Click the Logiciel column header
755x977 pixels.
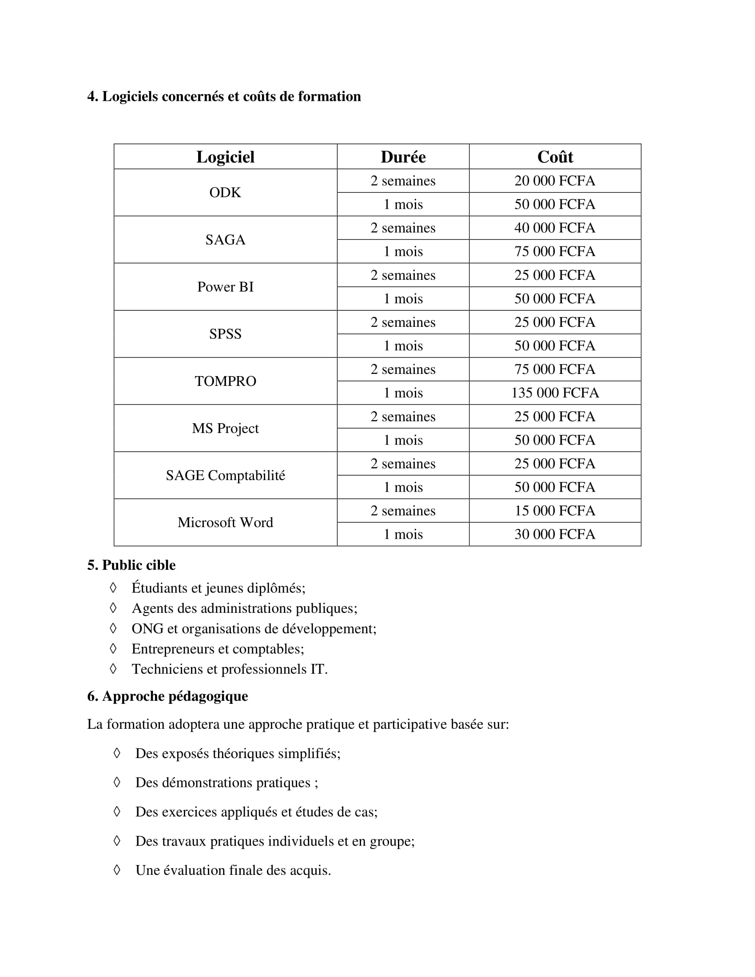(x=225, y=157)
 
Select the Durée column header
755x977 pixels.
(x=403, y=157)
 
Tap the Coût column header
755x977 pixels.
(x=555, y=157)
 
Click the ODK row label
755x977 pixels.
(x=225, y=192)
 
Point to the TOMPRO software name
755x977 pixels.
(x=225, y=381)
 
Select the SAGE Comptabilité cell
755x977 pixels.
(x=225, y=475)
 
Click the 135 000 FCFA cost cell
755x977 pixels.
(x=555, y=393)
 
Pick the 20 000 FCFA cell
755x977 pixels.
(x=555, y=181)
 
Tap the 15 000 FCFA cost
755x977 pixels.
(x=555, y=510)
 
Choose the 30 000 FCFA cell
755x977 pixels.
(x=555, y=534)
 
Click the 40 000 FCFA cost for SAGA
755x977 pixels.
(x=555, y=228)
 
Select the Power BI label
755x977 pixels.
(x=225, y=287)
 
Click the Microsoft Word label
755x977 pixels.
(x=225, y=523)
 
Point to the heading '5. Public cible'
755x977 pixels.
(x=131, y=565)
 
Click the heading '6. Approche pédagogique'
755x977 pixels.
(x=167, y=696)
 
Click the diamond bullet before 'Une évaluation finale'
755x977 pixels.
(x=117, y=870)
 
